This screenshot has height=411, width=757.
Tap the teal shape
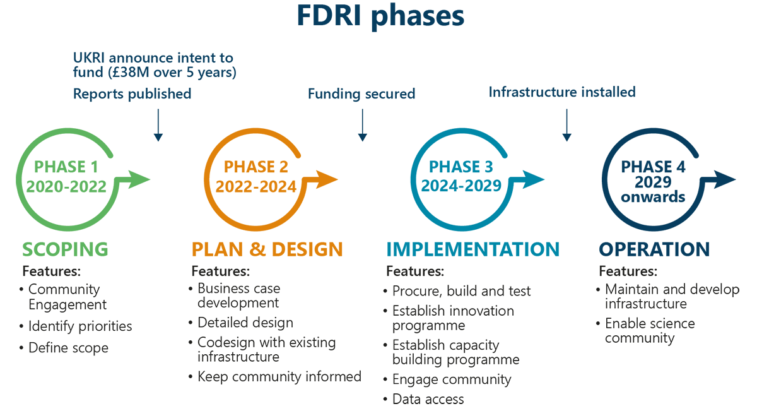pyautogui.click(x=467, y=189)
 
